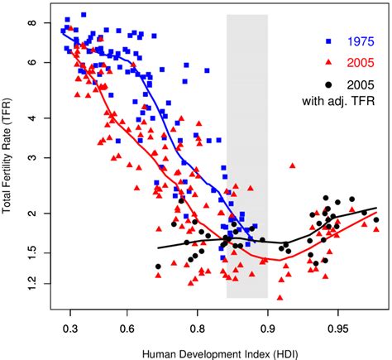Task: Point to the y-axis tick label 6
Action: pos(32,62)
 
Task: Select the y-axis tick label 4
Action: pos(32,118)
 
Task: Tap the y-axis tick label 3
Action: pos(32,157)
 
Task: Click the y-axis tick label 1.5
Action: pos(32,252)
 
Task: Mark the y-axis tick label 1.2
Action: pos(32,284)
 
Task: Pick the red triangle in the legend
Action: pos(328,61)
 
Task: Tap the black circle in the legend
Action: pos(328,84)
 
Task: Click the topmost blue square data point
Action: pos(84,15)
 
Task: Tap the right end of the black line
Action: pos(377,209)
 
